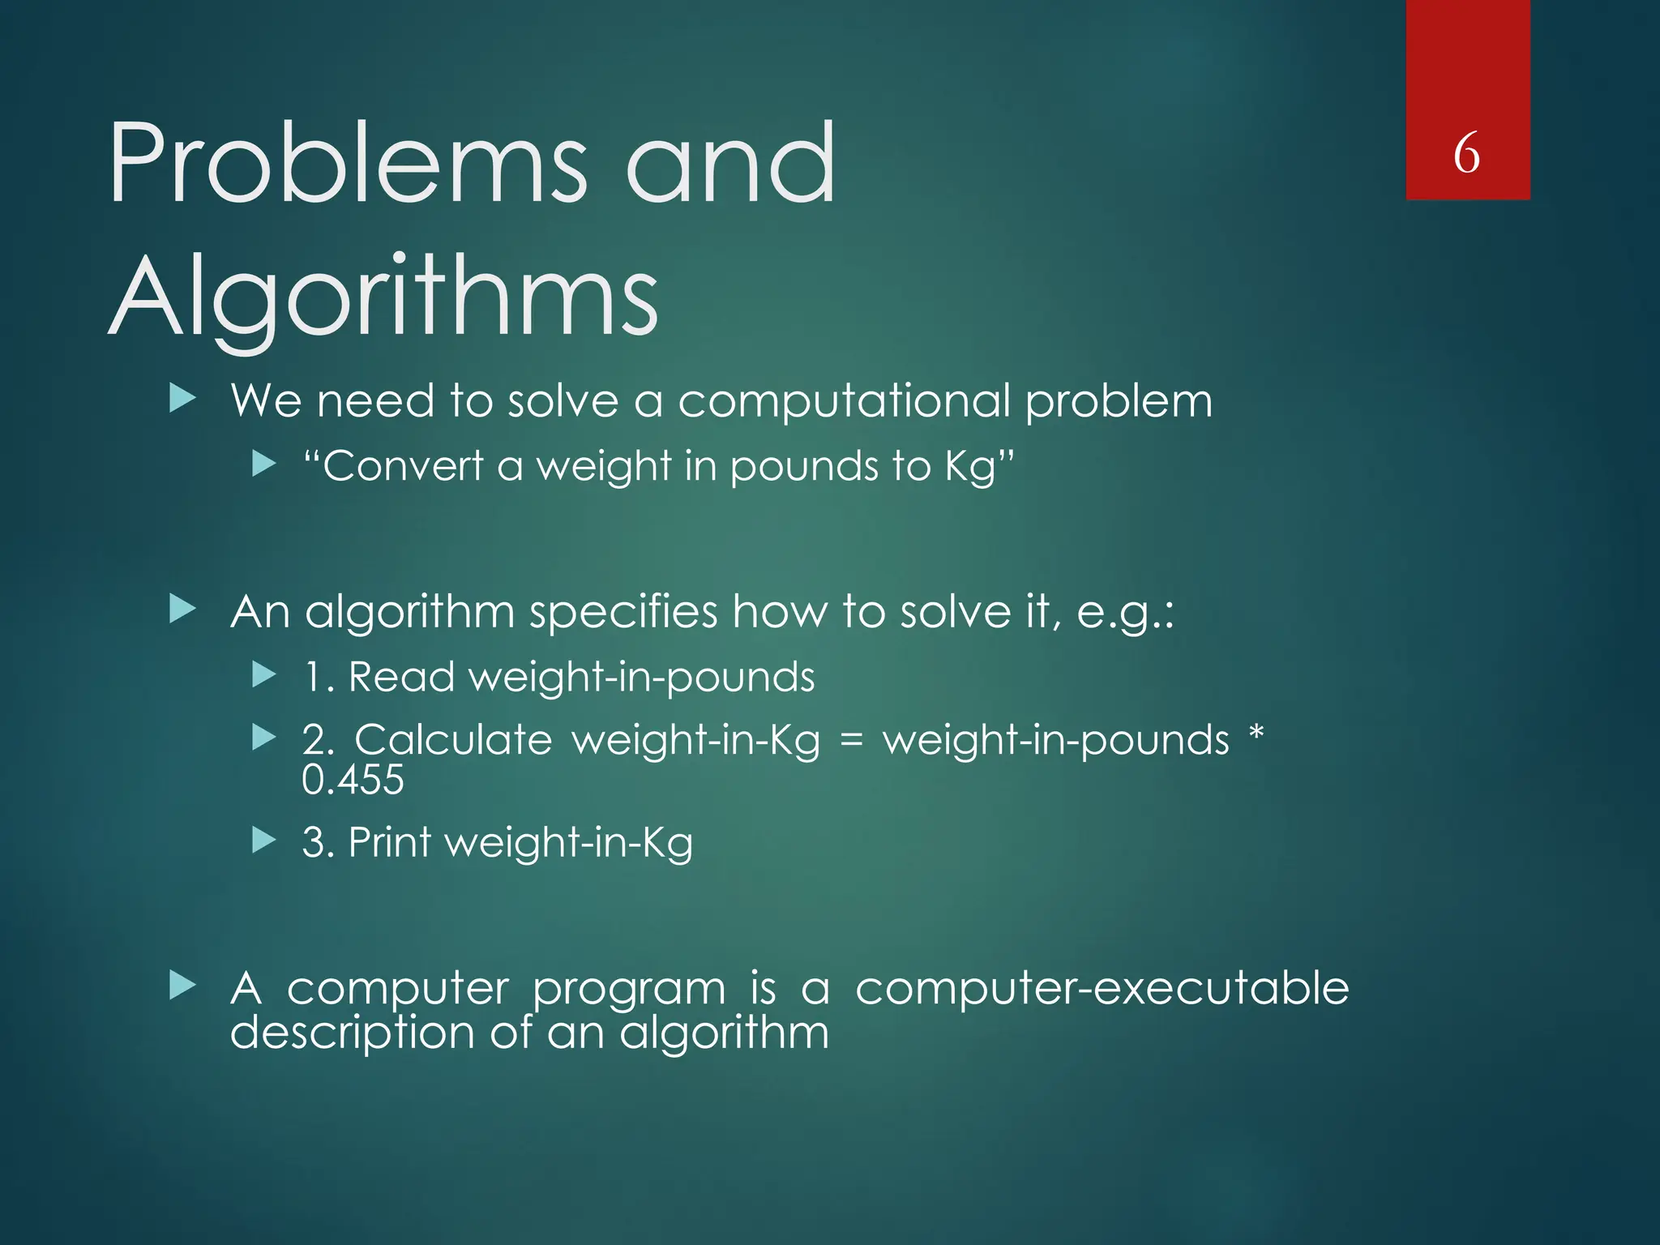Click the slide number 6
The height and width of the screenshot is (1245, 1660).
click(x=1466, y=153)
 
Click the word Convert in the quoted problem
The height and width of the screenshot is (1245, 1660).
click(x=402, y=467)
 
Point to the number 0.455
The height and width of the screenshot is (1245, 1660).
click(x=353, y=780)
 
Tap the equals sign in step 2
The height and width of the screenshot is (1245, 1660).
click(x=851, y=740)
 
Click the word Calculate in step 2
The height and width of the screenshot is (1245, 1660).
click(x=453, y=740)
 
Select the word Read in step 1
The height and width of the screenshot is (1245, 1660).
click(x=400, y=677)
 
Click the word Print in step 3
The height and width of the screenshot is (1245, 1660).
click(x=389, y=842)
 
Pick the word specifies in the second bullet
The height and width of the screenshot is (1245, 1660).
click(x=622, y=612)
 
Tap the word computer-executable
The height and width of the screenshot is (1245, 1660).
click(x=1102, y=990)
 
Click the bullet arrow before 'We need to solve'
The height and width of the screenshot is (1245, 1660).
click(x=183, y=399)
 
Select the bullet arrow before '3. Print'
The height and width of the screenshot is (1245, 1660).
click(x=264, y=840)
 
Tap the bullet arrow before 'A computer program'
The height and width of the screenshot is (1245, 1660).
click(x=183, y=986)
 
